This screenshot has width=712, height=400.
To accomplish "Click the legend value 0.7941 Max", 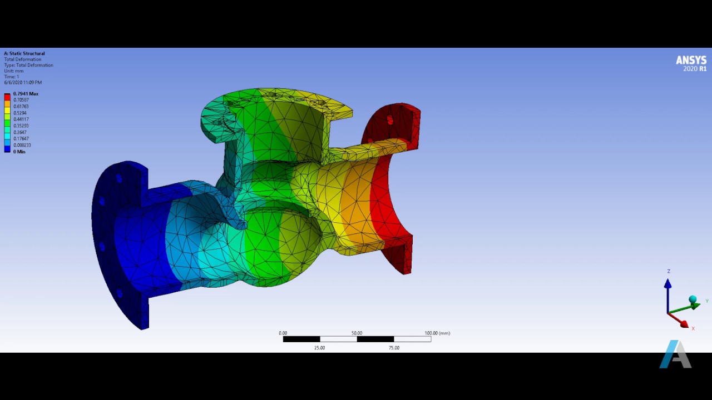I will pos(26,94).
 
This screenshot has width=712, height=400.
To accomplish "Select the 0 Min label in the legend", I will pos(19,152).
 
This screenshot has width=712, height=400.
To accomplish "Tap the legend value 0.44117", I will pos(21,119).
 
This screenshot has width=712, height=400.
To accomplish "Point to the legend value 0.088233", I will pos(22,145).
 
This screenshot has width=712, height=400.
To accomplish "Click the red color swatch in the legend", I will pos(7,97).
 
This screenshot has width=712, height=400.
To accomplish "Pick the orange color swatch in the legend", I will pos(7,104).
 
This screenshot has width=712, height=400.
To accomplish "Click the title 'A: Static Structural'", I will pos(24,53).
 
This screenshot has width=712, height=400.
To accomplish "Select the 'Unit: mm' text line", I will pos(14,71).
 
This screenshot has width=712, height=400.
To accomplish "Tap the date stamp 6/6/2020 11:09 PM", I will pos(23,82).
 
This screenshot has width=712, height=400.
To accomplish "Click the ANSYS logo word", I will pos(691,60).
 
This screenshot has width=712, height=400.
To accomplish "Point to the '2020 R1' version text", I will pos(695,69).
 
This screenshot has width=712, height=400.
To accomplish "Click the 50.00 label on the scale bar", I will pos(357,333).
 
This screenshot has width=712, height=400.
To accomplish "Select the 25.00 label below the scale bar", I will pos(319,348).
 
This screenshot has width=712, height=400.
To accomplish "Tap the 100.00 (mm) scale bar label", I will pos(437,333).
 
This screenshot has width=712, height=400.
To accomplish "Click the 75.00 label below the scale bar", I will pos(394,348).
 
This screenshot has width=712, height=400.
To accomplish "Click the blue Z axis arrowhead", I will pos(667,284).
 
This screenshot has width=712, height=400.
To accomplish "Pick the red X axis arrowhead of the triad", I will pos(684,324).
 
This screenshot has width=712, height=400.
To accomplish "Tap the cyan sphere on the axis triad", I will pos(693,300).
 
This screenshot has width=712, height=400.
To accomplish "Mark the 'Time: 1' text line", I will pos(11,77).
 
